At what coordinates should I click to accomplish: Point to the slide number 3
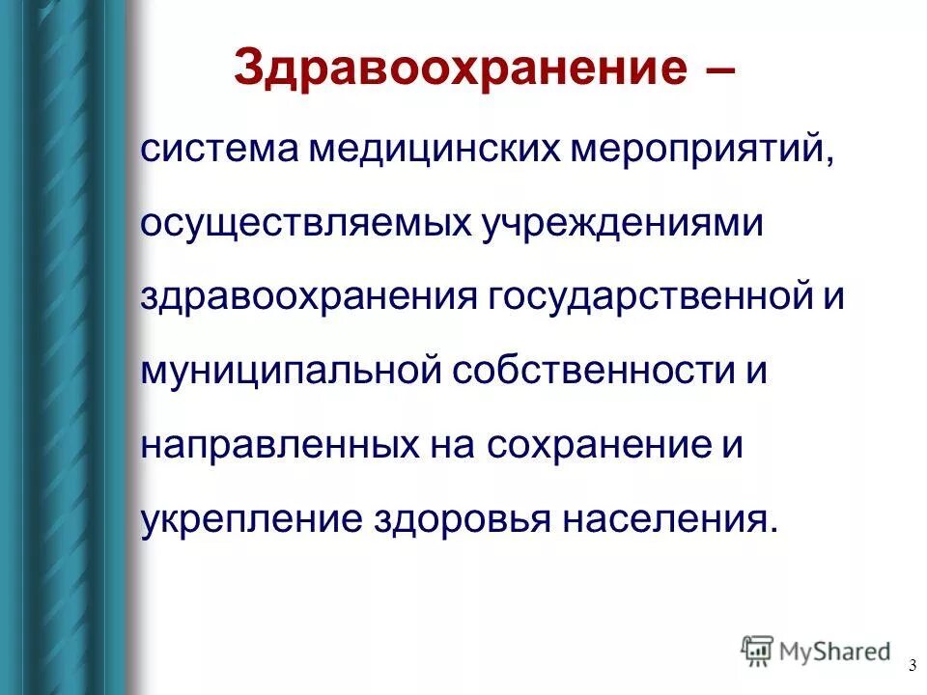click(912, 666)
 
